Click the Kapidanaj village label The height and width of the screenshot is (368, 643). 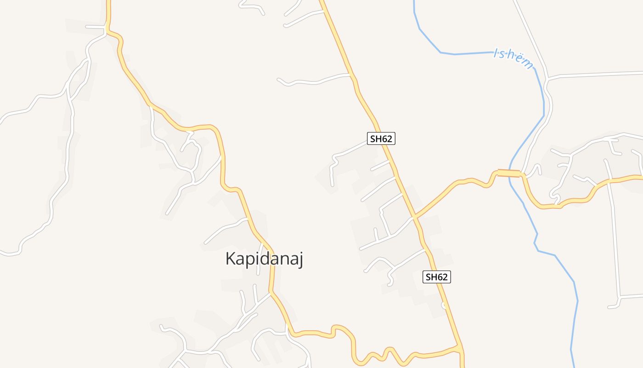[264, 259]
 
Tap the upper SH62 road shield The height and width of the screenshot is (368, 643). [381, 138]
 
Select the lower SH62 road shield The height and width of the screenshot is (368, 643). [437, 276]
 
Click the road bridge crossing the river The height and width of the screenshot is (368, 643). [509, 173]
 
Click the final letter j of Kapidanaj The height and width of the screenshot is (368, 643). [300, 260]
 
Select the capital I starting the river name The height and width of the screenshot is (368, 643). [495, 53]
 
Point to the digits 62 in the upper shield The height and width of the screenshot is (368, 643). [387, 138]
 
